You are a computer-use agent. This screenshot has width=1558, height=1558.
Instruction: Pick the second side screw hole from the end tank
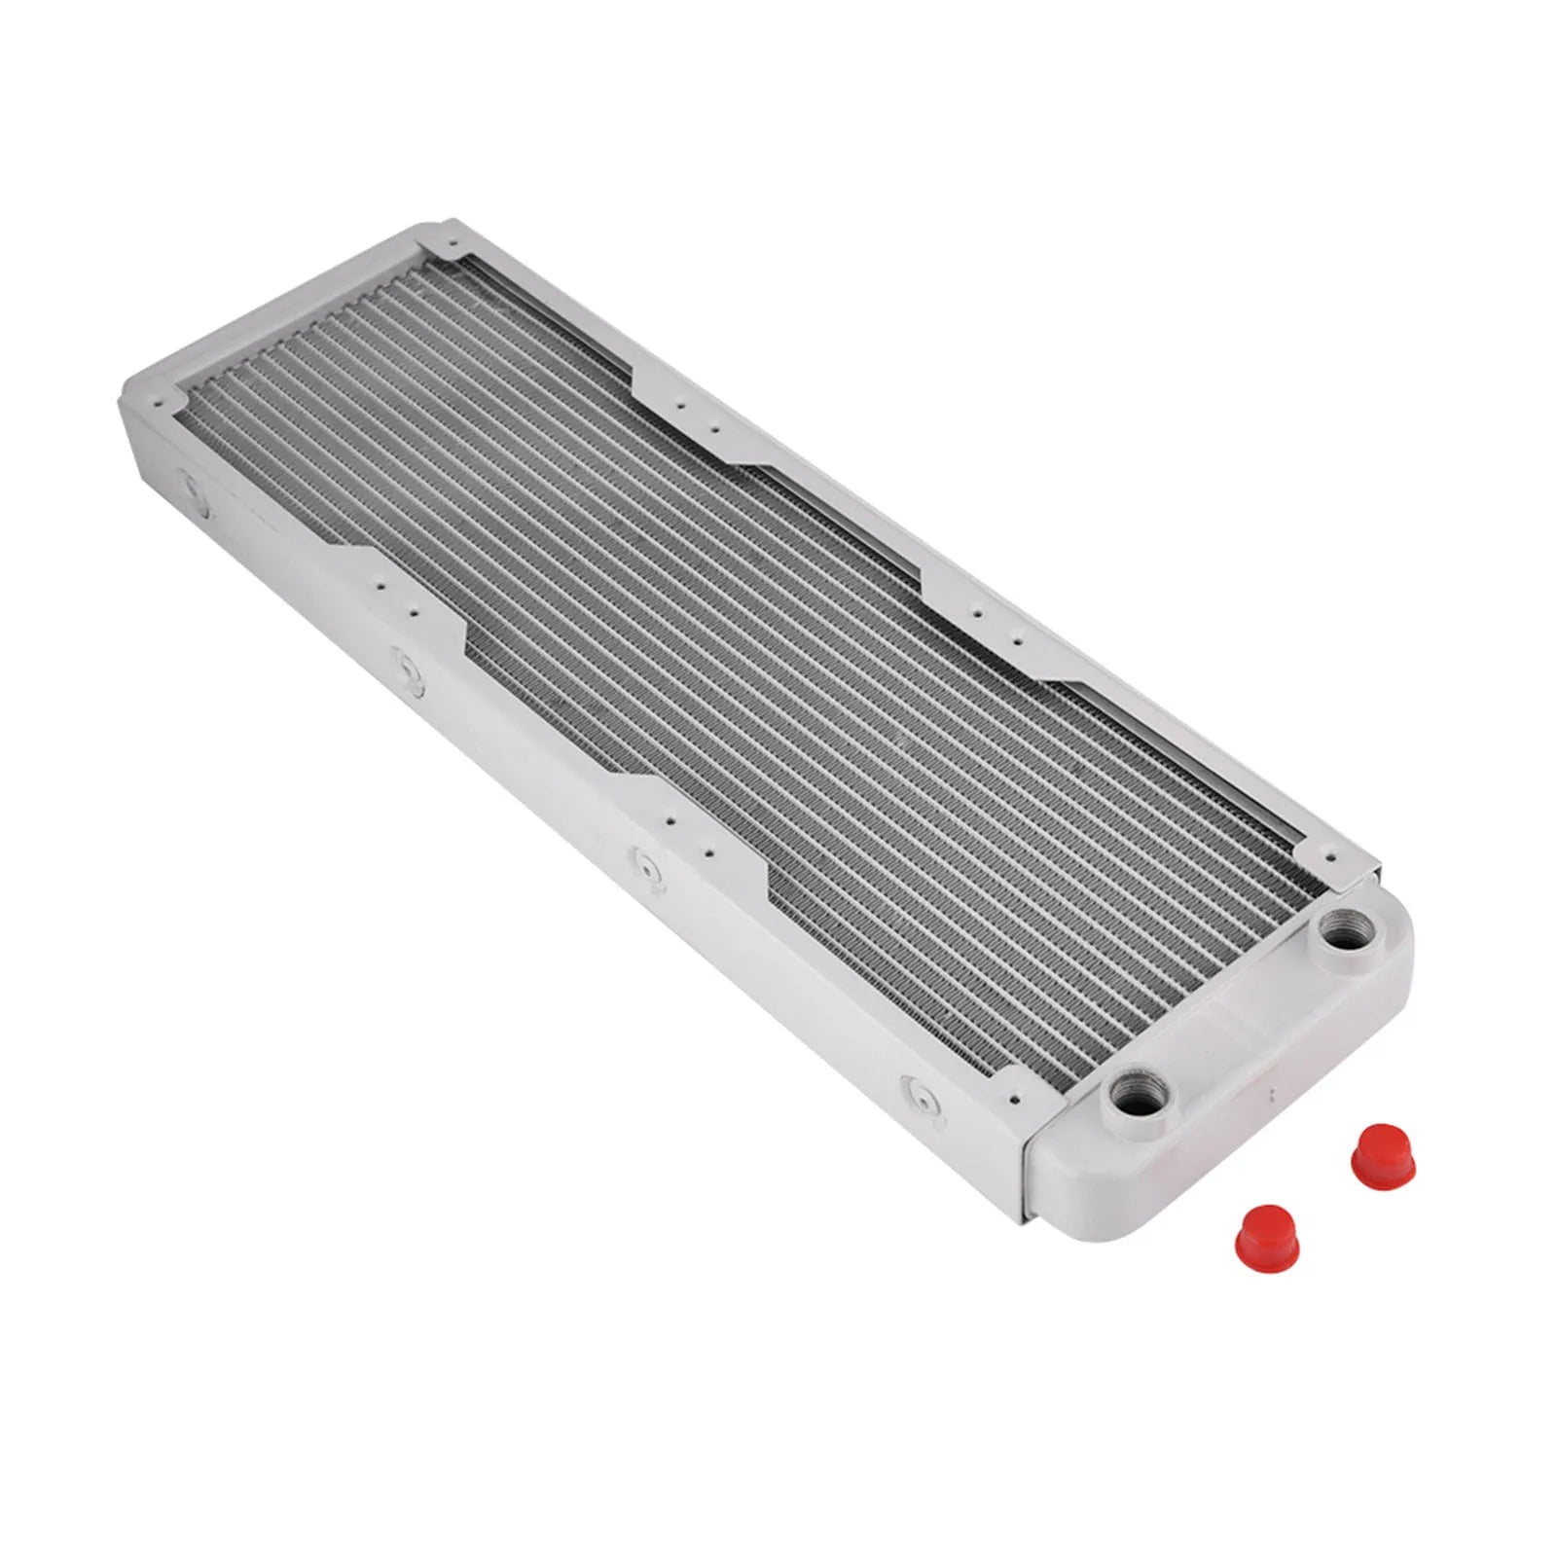coord(646,865)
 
